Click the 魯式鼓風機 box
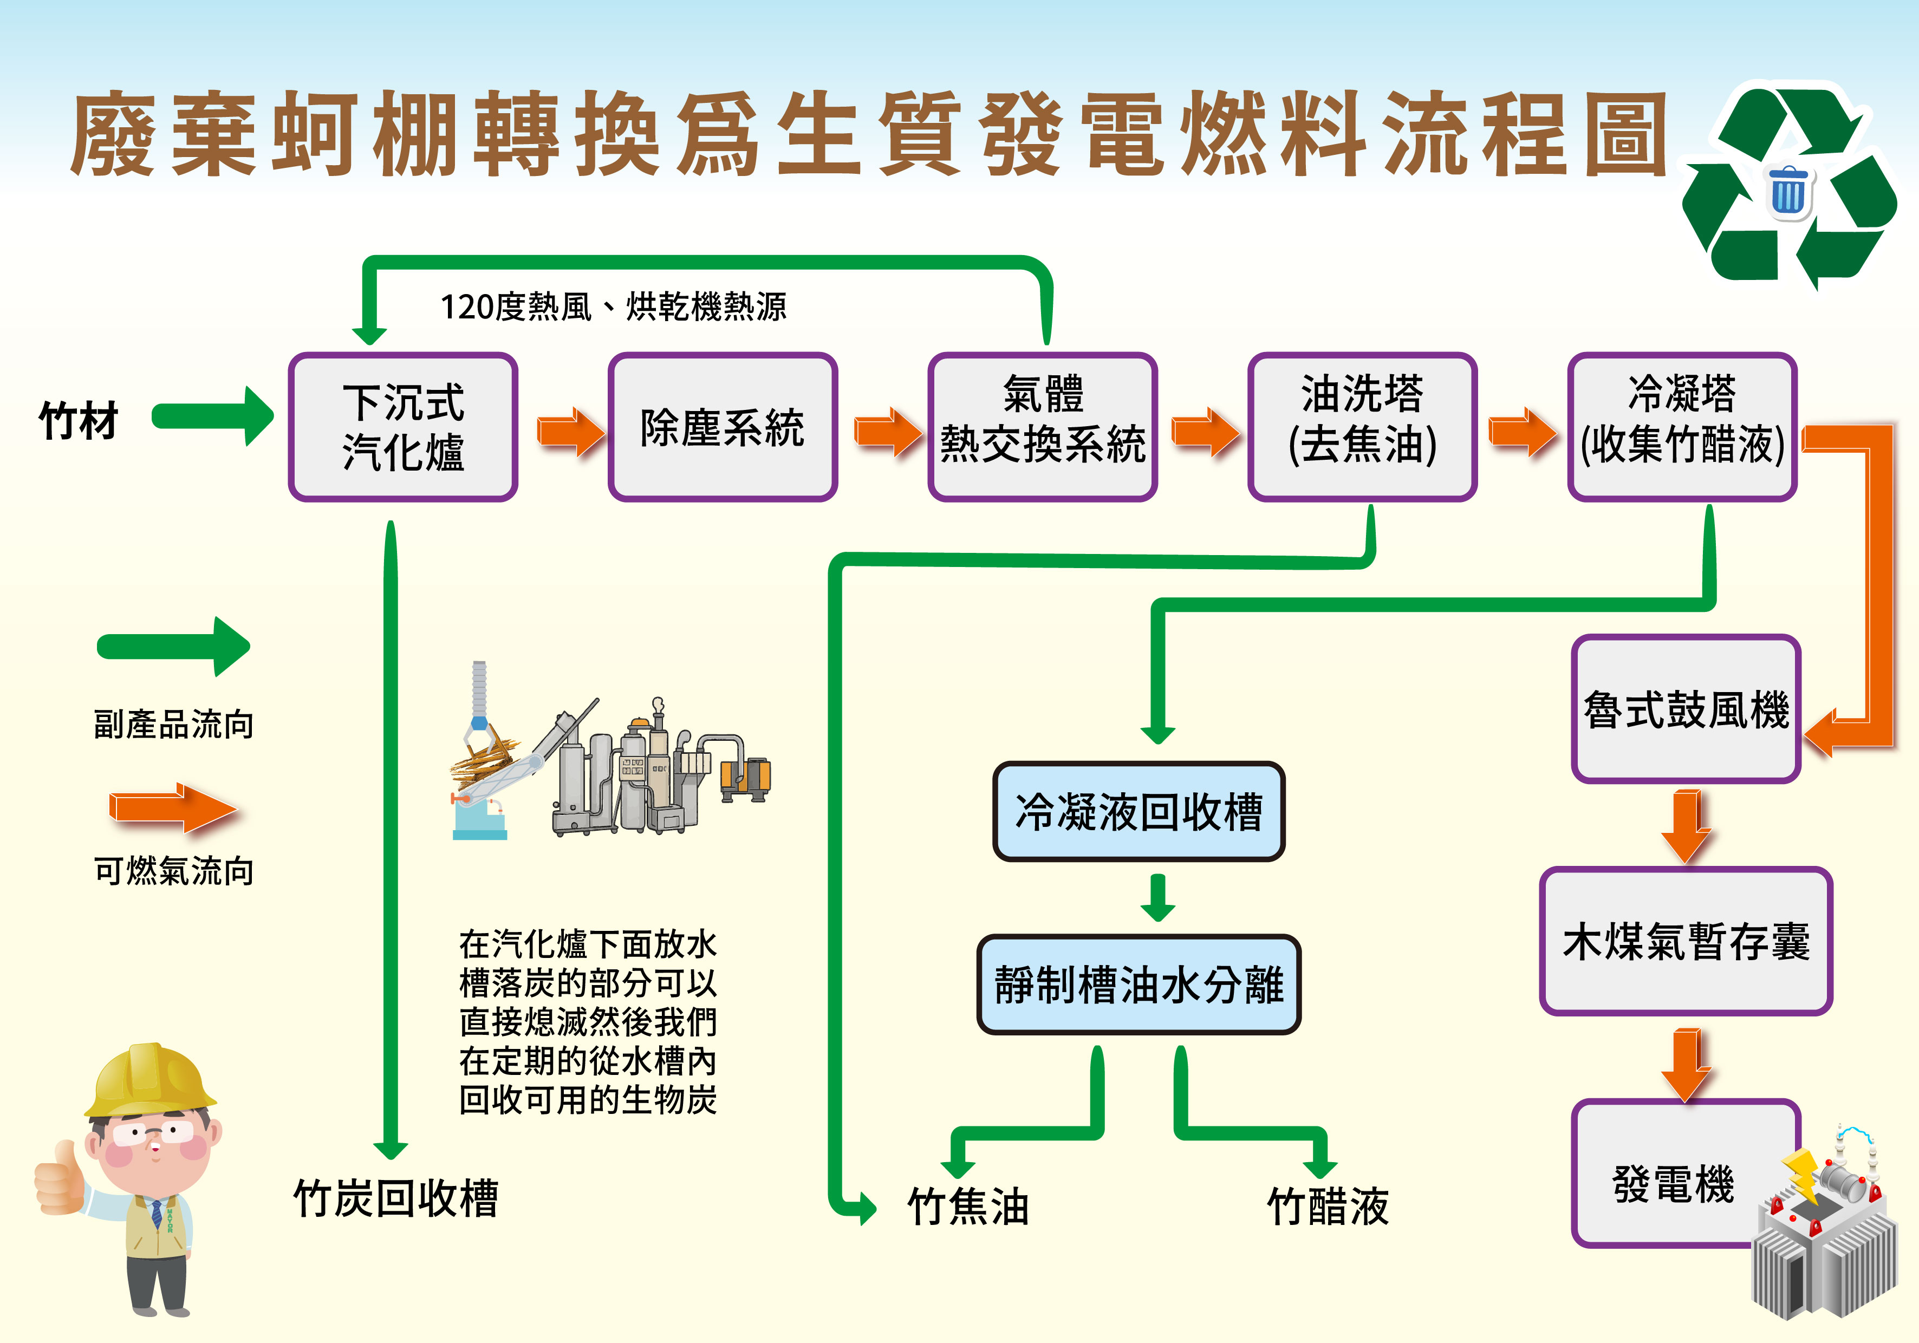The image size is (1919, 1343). point(1685,709)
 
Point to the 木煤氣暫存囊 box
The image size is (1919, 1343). point(1686,941)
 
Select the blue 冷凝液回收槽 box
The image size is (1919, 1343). point(1139,811)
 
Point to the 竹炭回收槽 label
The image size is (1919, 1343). point(395,1197)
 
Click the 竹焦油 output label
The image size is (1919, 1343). point(968,1206)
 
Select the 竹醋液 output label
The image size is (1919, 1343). point(1327,1206)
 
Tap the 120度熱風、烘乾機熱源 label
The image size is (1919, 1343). point(613,307)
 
